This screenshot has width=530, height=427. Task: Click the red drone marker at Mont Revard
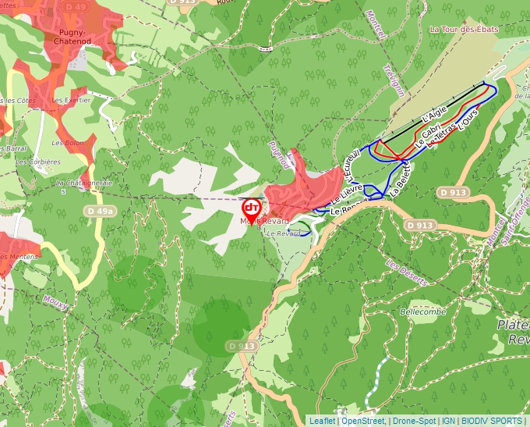pyautogui.click(x=252, y=208)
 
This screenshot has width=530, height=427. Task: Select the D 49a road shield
pyautogui.click(x=100, y=211)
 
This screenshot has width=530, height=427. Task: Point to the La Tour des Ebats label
pyautogui.click(x=463, y=29)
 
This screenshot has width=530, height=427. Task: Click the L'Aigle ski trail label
pyautogui.click(x=433, y=113)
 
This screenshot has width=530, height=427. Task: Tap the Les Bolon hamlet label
pyautogui.click(x=67, y=143)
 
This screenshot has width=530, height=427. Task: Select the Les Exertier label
pyautogui.click(x=71, y=100)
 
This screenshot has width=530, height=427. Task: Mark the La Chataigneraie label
pyautogui.click(x=84, y=183)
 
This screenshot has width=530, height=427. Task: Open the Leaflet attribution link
pyautogui.click(x=322, y=421)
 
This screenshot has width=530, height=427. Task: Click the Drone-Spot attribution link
pyautogui.click(x=414, y=421)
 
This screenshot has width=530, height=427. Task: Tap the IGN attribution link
pyautogui.click(x=448, y=421)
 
